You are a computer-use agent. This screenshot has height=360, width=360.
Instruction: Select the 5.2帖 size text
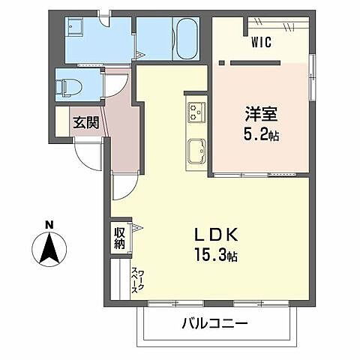tap(262, 138)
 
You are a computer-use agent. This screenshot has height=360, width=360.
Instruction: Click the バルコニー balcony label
tap(214, 323)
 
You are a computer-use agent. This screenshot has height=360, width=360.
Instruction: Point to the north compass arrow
tap(49, 247)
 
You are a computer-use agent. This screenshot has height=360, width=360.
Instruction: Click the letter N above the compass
tap(49, 224)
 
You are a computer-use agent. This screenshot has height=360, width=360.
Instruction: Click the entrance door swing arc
tap(88, 155)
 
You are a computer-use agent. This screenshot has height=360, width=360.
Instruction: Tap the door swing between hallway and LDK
tap(124, 184)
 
